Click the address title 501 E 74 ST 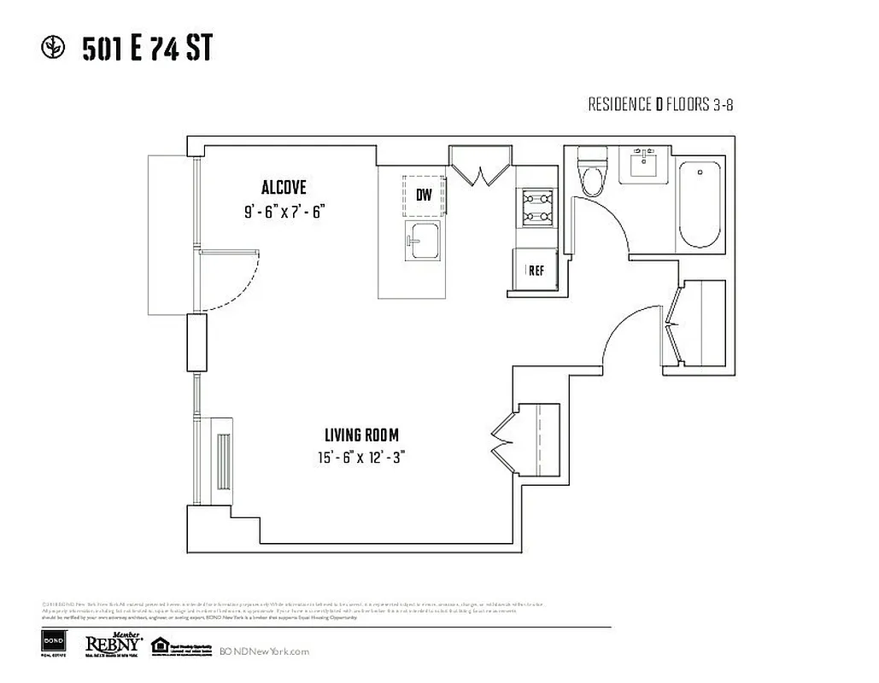point(146,50)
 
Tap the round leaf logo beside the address point(53,49)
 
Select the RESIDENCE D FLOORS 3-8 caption point(660,105)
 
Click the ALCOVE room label point(284,188)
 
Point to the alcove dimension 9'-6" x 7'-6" point(285,212)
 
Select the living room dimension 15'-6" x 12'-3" point(360,457)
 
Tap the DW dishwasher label point(424,195)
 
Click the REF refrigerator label point(536,271)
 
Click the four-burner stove point(535,206)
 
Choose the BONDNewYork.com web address point(264,651)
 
